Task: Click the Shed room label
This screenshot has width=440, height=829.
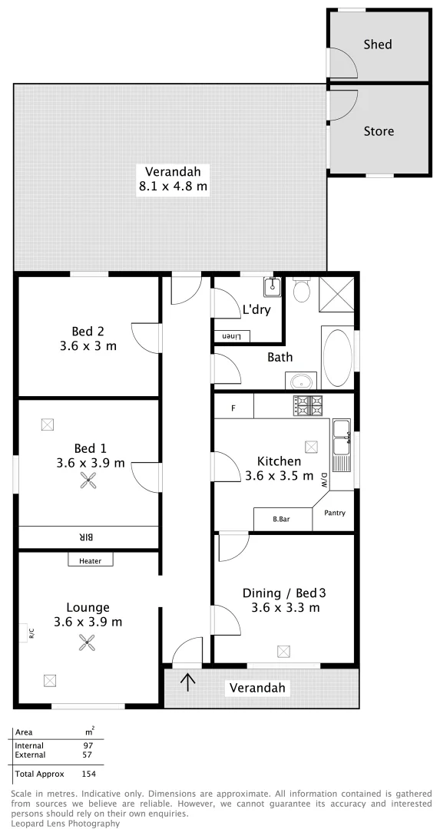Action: pos(377,45)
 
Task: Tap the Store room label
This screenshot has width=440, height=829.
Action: pos(378,131)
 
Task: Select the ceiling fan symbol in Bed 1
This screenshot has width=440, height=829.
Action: pos(90,481)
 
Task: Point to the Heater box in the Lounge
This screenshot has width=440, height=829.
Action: pos(90,561)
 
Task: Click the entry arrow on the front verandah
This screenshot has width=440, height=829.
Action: pos(188,681)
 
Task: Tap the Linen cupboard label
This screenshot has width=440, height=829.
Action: pos(231,337)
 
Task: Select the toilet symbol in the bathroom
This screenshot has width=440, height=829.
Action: pos(302,289)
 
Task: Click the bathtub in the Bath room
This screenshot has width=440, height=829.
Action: pos(337,358)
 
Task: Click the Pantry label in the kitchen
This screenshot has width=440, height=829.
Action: pos(335,513)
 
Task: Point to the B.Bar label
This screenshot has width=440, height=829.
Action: pos(281,520)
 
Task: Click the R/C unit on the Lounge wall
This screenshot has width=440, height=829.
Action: pos(31,633)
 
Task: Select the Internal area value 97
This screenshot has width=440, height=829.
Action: pos(88,745)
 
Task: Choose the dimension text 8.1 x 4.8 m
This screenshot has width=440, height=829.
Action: pos(172,187)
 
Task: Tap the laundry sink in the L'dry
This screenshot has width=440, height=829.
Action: pos(271,288)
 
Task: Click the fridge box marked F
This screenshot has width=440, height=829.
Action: pos(233,407)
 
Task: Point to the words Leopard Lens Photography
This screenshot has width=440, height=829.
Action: pos(65,823)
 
